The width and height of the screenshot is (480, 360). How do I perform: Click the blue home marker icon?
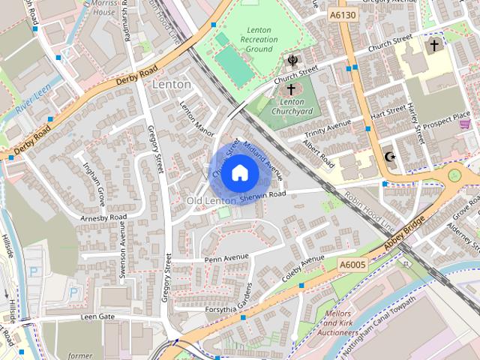[238, 172]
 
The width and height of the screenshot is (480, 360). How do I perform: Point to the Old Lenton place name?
[211, 202]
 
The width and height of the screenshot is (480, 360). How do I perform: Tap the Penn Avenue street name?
[226, 258]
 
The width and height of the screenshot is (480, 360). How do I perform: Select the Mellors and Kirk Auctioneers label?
[337, 322]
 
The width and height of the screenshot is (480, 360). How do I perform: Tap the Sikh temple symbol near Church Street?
[292, 60]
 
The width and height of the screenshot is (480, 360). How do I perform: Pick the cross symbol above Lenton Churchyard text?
[291, 88]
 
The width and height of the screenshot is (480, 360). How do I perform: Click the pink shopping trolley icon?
[465, 124]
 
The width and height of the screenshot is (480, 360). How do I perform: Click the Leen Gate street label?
[97, 317]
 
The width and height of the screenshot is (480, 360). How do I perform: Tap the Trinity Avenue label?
[328, 129]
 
